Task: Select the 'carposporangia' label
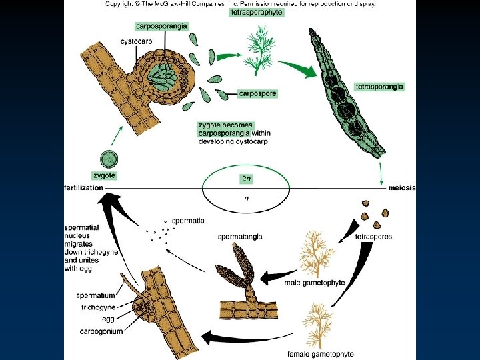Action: click(161, 26)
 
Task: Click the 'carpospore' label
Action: click(257, 94)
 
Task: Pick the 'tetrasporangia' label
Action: click(379, 87)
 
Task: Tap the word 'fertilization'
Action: click(84, 187)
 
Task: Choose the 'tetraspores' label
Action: click(373, 237)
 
